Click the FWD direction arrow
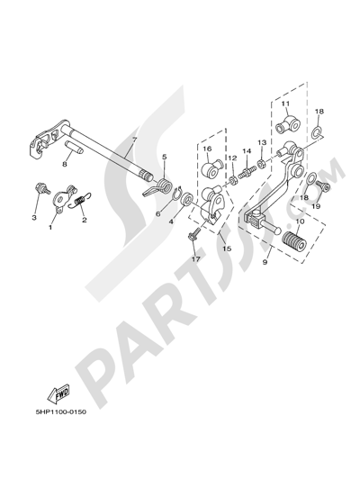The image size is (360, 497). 58,394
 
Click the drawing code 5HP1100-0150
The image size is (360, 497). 61,412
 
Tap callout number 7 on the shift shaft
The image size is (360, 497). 134,140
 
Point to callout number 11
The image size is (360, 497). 285,104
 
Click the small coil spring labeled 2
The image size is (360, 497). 81,202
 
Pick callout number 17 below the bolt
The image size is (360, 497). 196,259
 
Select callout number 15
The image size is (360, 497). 227,248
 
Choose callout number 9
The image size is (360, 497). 265,263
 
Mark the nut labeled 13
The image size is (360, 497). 262,164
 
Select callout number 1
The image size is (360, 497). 49,227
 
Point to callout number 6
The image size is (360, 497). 158,214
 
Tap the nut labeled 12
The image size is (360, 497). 234,181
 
